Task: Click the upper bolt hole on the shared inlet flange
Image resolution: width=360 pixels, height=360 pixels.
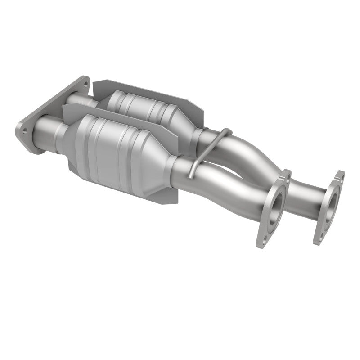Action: (x=83, y=82)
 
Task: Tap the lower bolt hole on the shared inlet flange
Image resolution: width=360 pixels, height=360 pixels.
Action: (x=24, y=130)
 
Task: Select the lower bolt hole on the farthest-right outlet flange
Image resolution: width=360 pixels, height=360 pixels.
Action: (x=319, y=236)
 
